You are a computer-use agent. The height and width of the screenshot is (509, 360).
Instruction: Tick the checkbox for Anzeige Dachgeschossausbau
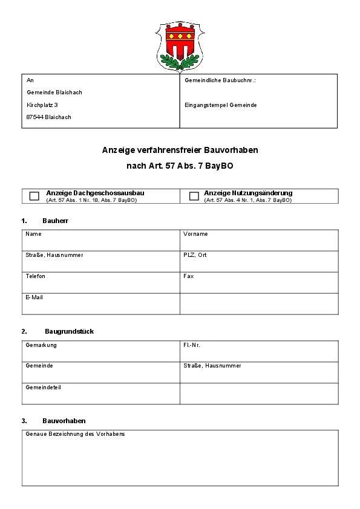point(34,196)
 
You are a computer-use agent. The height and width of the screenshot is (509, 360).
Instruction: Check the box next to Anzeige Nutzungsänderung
point(194,196)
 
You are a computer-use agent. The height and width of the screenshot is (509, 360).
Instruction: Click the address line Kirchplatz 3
point(42,105)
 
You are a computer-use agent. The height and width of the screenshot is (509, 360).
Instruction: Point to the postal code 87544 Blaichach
point(49,117)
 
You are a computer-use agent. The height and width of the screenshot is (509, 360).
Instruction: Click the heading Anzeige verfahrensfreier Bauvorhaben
point(180,150)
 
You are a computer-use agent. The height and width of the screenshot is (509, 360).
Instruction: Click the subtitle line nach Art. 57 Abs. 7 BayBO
point(180,166)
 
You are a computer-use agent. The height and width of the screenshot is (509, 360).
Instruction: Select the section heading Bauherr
point(55,221)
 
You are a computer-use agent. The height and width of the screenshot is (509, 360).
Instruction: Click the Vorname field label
point(195,234)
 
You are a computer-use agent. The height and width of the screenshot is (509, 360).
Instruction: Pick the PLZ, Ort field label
point(195,255)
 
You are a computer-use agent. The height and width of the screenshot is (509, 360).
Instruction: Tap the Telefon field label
point(36,276)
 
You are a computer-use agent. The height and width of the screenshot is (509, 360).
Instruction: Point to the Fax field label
point(188,276)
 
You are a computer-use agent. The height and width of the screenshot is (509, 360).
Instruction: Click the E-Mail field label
point(34,297)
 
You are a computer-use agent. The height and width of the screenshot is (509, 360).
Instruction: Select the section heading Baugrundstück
point(69,331)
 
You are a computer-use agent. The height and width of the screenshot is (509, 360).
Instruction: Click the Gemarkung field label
point(41,345)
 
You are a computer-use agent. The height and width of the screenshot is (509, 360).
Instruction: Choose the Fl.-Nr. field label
point(192,345)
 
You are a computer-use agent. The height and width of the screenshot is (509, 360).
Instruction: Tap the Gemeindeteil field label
point(43,387)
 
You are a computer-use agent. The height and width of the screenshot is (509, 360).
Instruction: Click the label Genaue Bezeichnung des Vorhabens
point(75,434)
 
